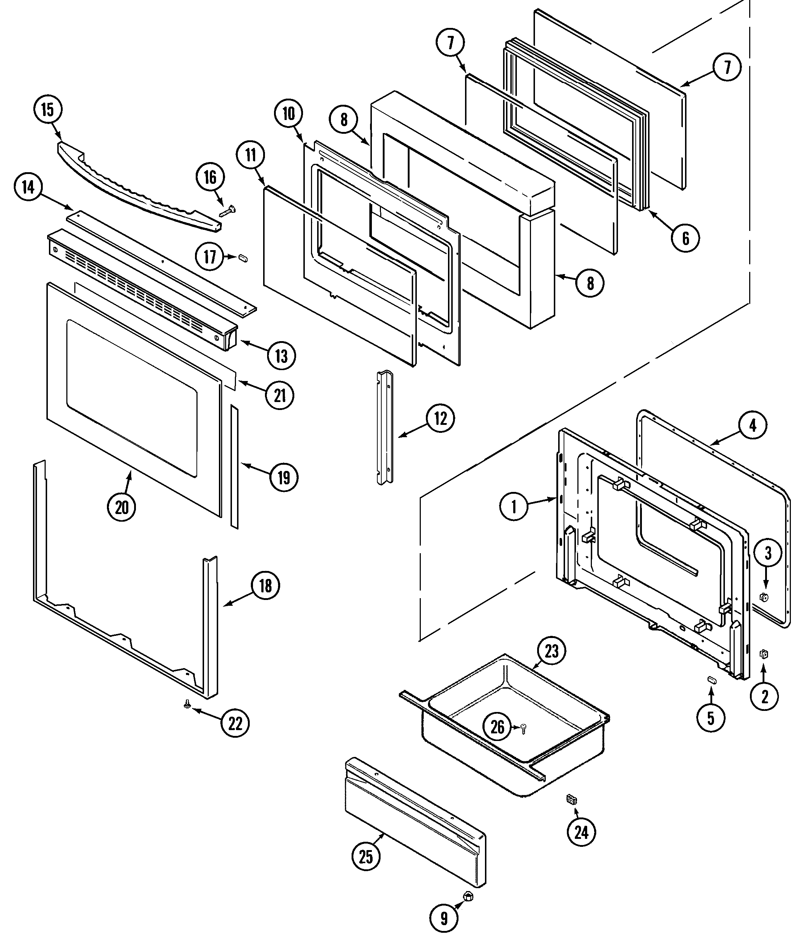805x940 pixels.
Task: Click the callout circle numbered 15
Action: tap(47, 110)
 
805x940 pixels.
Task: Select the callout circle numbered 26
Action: tap(498, 727)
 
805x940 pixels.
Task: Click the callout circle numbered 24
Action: tap(581, 832)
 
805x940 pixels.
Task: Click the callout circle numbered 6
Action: tap(685, 238)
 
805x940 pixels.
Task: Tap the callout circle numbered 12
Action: tap(440, 418)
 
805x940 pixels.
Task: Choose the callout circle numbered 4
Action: tap(752, 426)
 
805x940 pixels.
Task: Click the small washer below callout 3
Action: tap(764, 597)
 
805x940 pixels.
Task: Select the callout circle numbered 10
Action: tap(289, 114)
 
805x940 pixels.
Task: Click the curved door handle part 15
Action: tap(136, 186)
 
